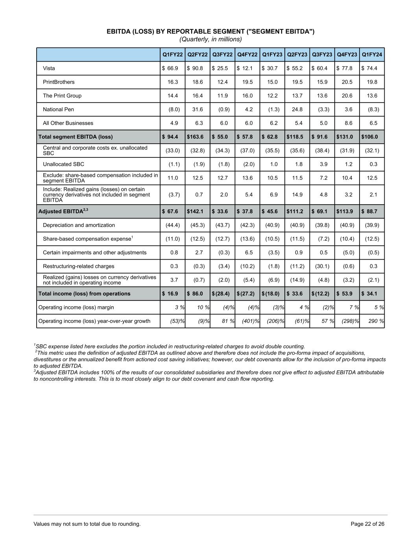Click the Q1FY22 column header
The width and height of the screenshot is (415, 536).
click(x=173, y=55)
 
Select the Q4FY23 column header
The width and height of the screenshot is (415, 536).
click(x=347, y=55)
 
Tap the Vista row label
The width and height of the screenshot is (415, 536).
click(x=49, y=68)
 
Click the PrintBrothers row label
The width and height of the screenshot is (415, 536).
click(x=59, y=82)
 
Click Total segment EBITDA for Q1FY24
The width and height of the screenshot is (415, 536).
click(x=370, y=137)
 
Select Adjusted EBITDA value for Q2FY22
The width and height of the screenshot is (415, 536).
click(x=195, y=212)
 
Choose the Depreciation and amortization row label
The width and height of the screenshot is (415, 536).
click(x=79, y=225)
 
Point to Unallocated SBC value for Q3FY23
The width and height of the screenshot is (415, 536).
click(x=324, y=164)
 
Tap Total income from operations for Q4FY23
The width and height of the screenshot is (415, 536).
click(x=347, y=294)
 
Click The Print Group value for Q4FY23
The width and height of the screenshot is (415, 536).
click(x=349, y=96)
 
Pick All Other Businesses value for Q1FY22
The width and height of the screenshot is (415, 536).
click(x=174, y=123)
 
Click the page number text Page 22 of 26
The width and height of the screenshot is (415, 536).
click(x=367, y=524)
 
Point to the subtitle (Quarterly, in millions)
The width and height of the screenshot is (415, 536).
click(x=210, y=39)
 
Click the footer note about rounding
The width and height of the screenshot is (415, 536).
click(x=87, y=524)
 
